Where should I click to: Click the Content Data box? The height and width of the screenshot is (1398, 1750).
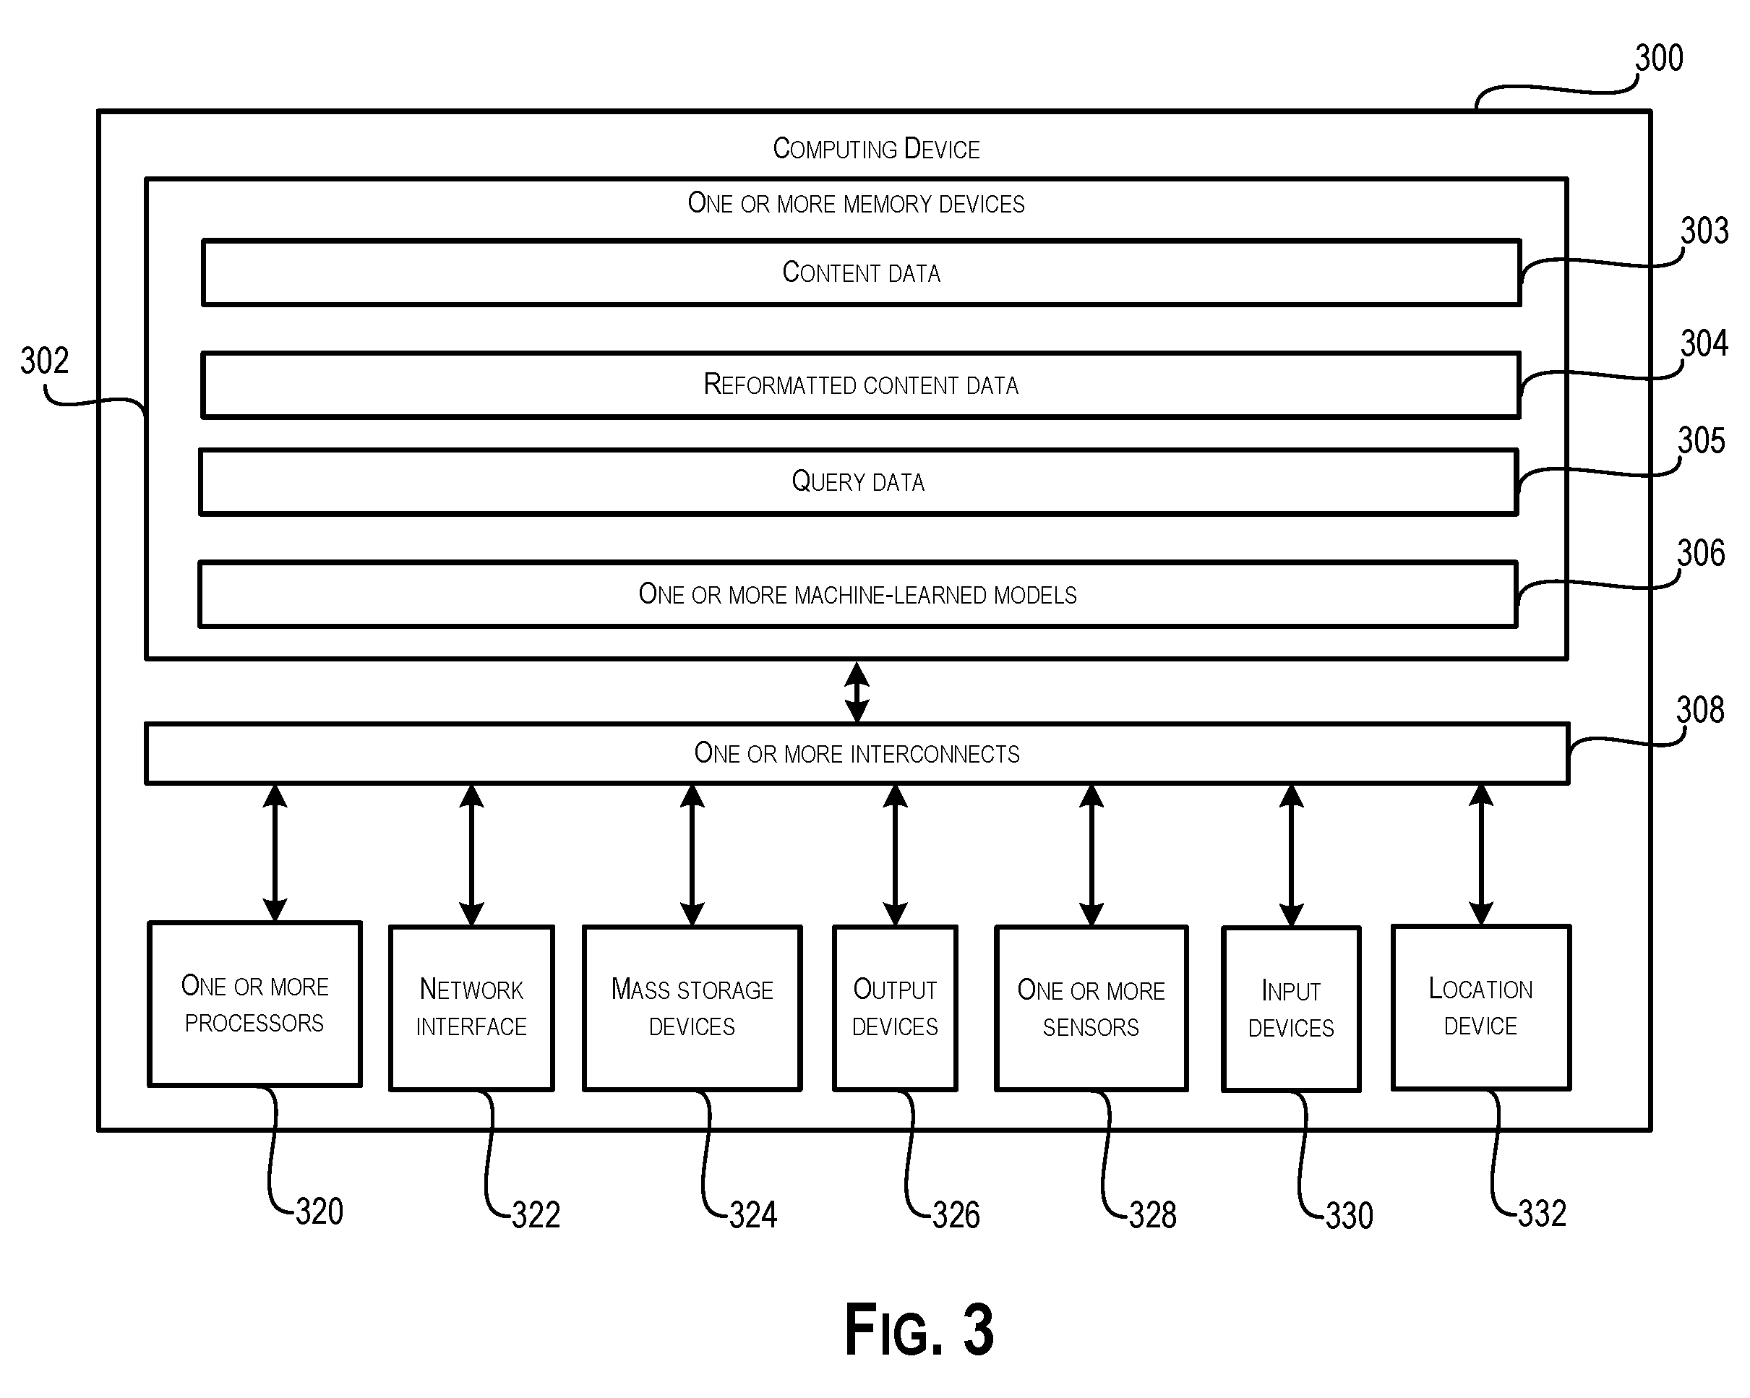[861, 273]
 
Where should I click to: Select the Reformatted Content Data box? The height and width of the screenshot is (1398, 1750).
[861, 385]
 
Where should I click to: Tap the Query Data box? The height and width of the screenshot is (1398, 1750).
[859, 481]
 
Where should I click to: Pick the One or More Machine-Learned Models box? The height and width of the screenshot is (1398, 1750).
[858, 594]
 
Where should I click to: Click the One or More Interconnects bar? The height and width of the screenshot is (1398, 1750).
[857, 753]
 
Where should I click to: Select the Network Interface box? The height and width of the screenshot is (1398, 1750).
[471, 1008]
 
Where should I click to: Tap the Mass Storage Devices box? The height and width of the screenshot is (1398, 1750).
[692, 1008]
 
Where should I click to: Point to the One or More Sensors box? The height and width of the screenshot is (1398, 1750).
[1091, 1008]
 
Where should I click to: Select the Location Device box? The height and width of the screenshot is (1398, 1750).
[1481, 1008]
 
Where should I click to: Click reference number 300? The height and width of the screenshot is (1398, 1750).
[1659, 59]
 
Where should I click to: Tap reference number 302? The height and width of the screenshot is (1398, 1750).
[45, 361]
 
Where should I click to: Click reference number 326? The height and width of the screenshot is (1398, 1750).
[956, 1215]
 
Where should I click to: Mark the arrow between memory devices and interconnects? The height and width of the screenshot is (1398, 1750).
[857, 692]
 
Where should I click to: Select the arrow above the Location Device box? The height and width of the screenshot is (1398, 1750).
[1481, 855]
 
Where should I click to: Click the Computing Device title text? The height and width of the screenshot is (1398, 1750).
[877, 149]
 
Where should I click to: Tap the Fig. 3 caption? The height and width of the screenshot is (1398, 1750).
[919, 1329]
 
